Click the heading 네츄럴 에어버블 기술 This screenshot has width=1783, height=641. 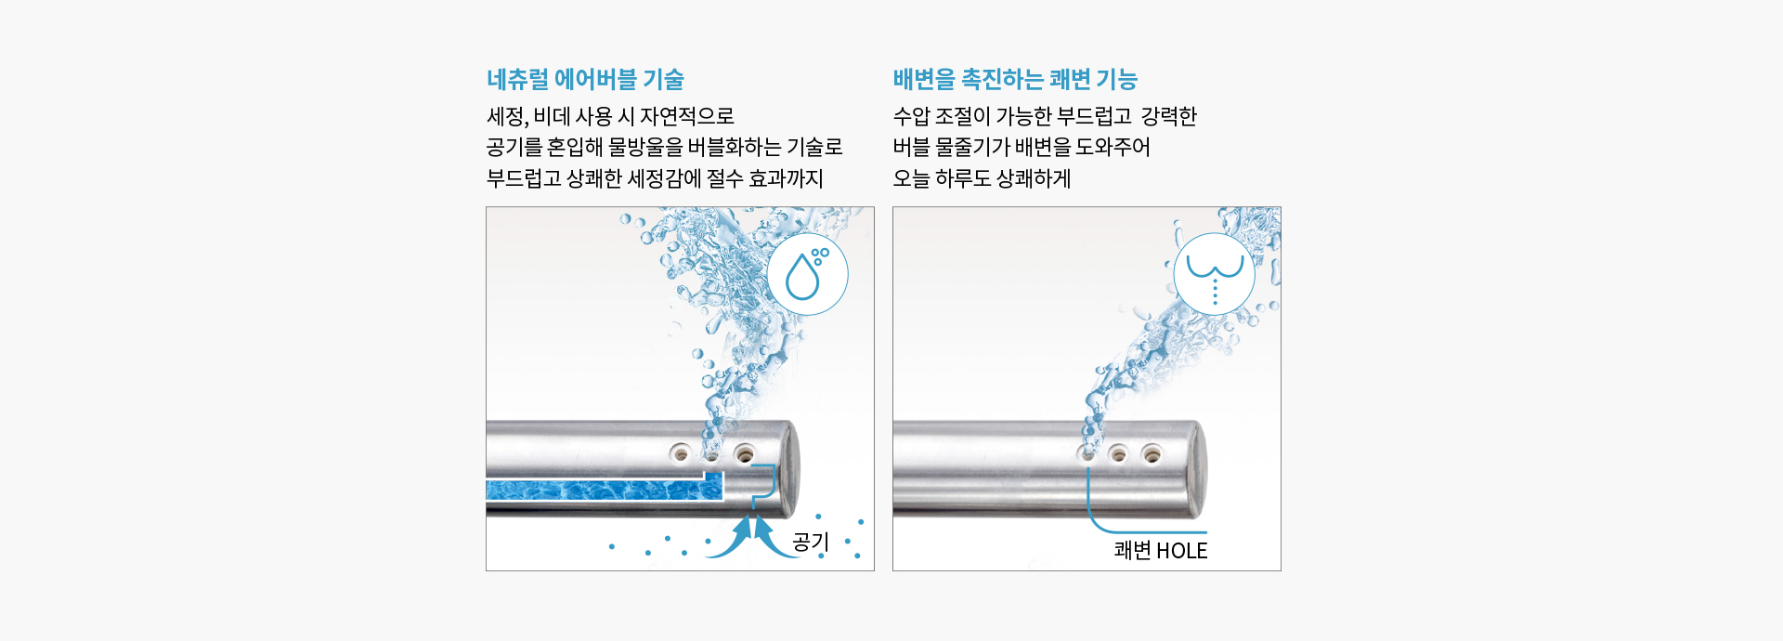pyautogui.click(x=585, y=79)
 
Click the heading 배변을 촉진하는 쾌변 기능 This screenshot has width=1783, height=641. pyautogui.click(x=1015, y=79)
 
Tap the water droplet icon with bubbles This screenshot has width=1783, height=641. pyautogui.click(x=807, y=275)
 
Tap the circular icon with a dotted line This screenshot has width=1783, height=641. pyautogui.click(x=1215, y=274)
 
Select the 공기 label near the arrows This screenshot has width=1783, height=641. pyautogui.click(x=810, y=541)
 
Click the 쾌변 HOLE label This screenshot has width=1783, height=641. pyautogui.click(x=1161, y=550)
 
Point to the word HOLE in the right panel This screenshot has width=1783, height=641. pyautogui.click(x=1181, y=551)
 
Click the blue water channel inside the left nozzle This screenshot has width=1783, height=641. pyautogui.click(x=605, y=490)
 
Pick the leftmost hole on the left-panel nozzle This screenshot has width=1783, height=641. pyautogui.click(x=681, y=453)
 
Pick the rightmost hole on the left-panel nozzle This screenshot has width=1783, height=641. pyautogui.click(x=744, y=454)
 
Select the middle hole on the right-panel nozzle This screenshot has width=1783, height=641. pyautogui.click(x=1119, y=453)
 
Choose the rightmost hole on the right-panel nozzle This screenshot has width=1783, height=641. pyautogui.click(x=1152, y=453)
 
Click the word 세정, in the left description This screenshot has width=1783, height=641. pyautogui.click(x=508, y=116)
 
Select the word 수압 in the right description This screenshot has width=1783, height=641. pyautogui.click(x=911, y=116)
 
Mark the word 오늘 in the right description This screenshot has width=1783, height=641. pyautogui.click(x=911, y=178)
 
